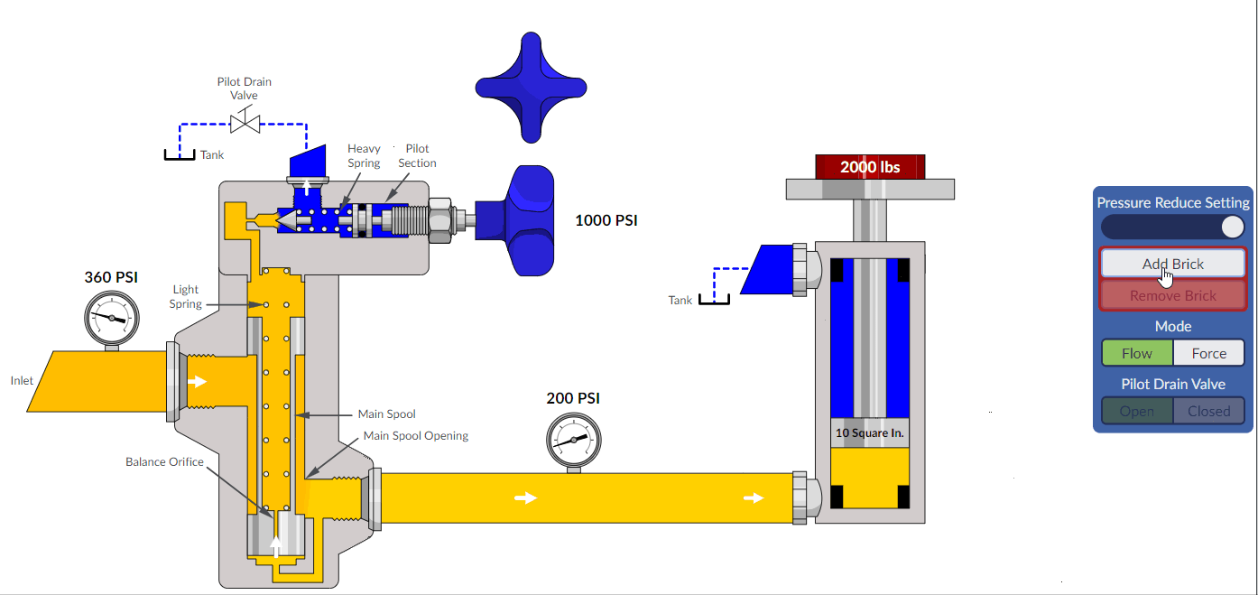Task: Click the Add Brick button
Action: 1172,264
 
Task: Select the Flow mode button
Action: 1137,353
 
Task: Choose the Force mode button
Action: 1208,353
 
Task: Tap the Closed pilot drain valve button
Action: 1208,411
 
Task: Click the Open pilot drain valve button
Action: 1137,411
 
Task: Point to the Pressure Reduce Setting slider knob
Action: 1232,227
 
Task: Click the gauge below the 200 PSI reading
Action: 573,440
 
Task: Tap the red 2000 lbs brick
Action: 870,167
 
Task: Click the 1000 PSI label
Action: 606,220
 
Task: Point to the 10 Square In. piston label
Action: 869,432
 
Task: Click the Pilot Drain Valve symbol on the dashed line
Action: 245,121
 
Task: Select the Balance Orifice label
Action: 164,461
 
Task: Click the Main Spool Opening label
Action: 415,435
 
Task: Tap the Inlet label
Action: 22,380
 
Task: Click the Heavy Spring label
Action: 364,155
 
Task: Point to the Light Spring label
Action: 186,297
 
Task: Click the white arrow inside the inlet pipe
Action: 196,381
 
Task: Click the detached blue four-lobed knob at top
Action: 531,88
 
